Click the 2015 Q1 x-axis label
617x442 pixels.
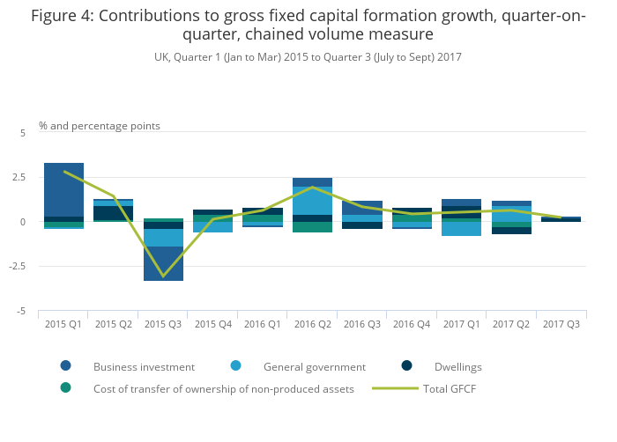pos(63,324)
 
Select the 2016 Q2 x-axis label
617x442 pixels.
pos(312,324)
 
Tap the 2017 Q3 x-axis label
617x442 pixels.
pos(561,324)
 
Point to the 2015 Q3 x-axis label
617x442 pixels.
pos(163,324)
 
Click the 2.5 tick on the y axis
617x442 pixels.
pos(19,177)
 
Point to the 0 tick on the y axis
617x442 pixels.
pos(24,222)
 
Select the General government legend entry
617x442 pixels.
pos(314,366)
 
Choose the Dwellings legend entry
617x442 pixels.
pos(457,366)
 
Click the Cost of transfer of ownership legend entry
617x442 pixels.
pos(223,388)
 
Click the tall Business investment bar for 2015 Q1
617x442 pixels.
pos(63,189)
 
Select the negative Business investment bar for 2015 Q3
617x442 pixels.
pos(163,263)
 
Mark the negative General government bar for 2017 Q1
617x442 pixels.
pos(462,229)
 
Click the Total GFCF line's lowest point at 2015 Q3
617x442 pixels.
pos(163,276)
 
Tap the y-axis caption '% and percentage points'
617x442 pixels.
pos(100,126)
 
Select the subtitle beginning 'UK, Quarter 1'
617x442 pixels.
pos(308,56)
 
